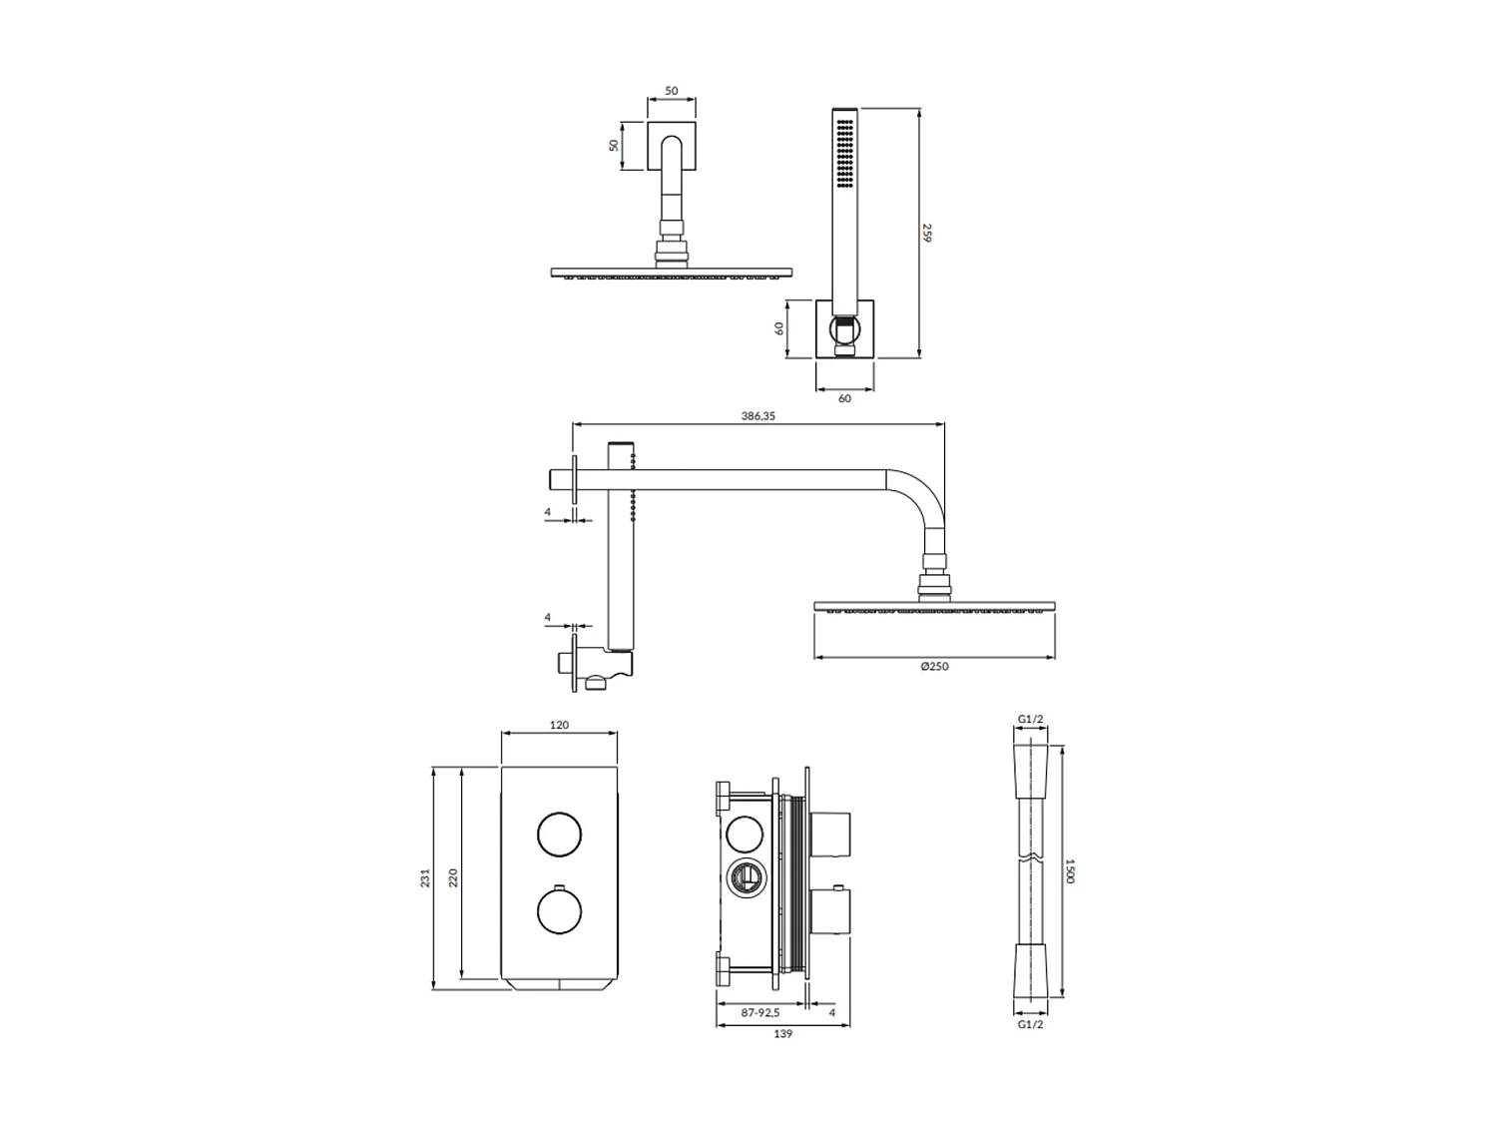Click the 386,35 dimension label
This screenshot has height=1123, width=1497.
click(x=758, y=416)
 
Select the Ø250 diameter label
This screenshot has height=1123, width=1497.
click(x=934, y=667)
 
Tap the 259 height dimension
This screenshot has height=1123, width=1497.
click(x=927, y=233)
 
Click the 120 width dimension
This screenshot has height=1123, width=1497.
click(x=559, y=725)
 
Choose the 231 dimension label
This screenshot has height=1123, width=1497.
click(x=425, y=878)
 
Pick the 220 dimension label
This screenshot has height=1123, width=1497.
click(x=453, y=878)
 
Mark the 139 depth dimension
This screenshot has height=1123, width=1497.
click(x=783, y=1034)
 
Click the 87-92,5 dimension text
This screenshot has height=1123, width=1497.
click(x=760, y=1012)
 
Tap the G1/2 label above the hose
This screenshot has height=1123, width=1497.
click(x=1031, y=719)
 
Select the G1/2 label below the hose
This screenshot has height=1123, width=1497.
click(x=1031, y=1024)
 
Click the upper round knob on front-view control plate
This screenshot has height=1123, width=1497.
click(x=559, y=835)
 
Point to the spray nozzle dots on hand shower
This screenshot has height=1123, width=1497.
click(x=846, y=154)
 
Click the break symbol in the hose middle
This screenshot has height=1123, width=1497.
click(x=1031, y=859)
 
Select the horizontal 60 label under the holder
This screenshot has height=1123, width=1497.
click(x=844, y=398)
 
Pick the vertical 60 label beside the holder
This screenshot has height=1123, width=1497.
click(x=780, y=328)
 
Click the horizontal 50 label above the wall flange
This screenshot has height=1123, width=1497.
click(x=672, y=91)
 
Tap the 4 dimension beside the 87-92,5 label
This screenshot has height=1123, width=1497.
click(x=832, y=1012)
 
